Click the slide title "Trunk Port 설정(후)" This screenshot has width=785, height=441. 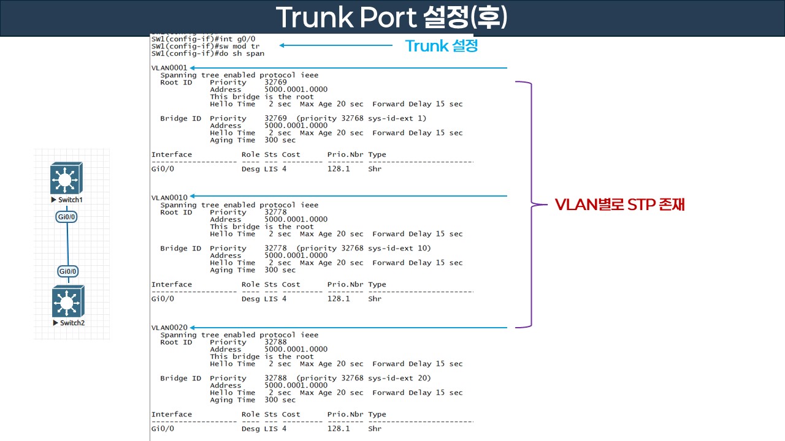tap(391, 18)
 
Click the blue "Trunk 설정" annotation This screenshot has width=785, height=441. tap(442, 45)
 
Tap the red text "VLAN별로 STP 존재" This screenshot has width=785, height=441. tap(619, 205)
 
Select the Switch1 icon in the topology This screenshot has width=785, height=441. tap(66, 178)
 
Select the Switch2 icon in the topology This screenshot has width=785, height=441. tap(68, 301)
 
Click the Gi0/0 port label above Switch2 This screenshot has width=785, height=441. tap(68, 271)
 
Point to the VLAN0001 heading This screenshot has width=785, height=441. tap(169, 67)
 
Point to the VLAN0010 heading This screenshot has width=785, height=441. tap(169, 197)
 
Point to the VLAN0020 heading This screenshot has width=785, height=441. tap(169, 328)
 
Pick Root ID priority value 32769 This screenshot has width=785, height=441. tap(275, 82)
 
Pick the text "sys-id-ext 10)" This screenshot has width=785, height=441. tap(399, 248)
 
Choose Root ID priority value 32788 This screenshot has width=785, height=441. tap(275, 342)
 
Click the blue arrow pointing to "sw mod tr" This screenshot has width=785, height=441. tap(335, 45)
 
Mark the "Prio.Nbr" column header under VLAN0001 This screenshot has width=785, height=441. tap(345, 154)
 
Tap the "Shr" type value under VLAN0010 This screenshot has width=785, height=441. tap(375, 299)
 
